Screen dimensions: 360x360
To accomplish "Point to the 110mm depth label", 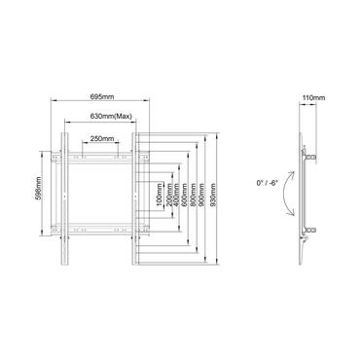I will pos(312,98).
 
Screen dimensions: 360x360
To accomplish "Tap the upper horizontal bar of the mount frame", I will pos(100,153).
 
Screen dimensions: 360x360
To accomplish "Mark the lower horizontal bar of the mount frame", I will pos(100,231).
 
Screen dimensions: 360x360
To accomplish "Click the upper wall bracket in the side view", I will pos(310,153).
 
